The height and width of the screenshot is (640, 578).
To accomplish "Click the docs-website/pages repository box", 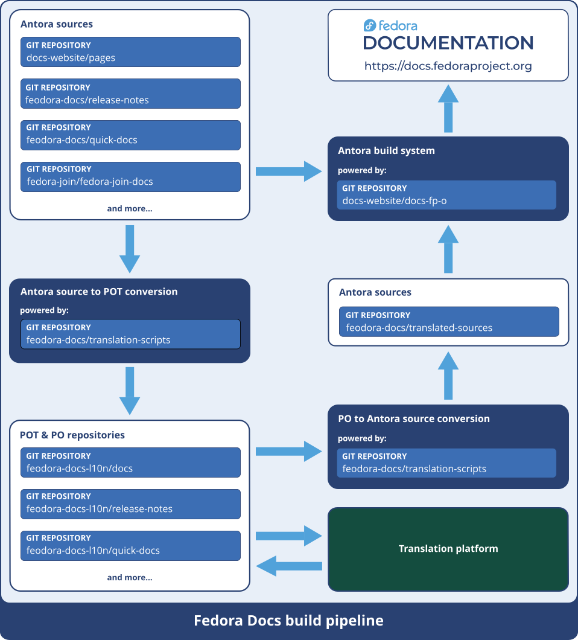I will [x=130, y=52].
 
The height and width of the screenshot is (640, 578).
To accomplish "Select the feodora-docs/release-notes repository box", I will [x=130, y=94].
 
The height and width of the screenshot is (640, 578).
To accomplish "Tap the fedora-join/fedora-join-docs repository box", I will [x=130, y=177].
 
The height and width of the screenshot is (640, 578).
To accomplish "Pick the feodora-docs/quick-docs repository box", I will [x=130, y=135].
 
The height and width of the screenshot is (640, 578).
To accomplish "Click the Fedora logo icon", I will [x=370, y=25].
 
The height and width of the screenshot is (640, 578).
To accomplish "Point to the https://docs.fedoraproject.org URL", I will [x=448, y=66].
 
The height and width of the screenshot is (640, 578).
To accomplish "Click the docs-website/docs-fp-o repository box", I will [x=446, y=195].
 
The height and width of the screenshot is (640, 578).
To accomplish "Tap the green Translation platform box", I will [x=448, y=549].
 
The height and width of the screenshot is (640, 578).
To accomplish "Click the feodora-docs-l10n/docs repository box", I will [x=130, y=462].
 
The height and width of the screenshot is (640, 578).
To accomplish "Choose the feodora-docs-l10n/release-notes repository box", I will [x=130, y=504].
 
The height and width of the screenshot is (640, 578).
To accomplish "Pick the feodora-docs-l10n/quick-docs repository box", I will [x=130, y=545].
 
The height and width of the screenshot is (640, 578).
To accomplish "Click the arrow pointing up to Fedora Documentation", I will [x=448, y=109].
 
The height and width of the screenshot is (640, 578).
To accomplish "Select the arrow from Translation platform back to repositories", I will [x=289, y=566].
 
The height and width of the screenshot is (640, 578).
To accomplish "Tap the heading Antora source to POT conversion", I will [x=99, y=292].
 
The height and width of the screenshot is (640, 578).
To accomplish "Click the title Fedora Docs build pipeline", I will [x=288, y=621].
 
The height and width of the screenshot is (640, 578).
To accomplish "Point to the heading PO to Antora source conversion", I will [x=414, y=418].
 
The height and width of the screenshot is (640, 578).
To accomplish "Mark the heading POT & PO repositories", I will [x=72, y=435].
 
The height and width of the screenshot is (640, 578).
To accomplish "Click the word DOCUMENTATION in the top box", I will [x=448, y=43].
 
